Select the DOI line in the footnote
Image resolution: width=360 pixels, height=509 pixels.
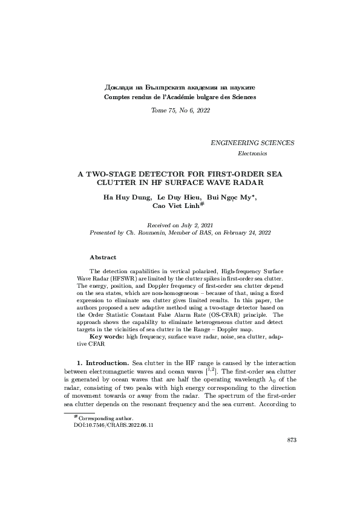[x=113, y=425]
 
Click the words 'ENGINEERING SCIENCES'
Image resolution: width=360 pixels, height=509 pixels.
[x=252, y=143]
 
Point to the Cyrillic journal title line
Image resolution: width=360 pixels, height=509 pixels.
[x=180, y=88]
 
